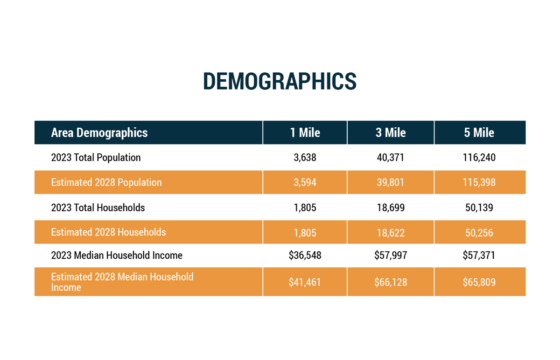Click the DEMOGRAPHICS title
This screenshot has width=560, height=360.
coord(280,81)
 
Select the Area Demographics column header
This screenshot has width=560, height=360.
coord(99,133)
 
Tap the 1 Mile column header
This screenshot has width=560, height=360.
coord(305,133)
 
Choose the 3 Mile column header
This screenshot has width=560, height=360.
coord(391,133)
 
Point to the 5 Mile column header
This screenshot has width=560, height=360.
coord(479,133)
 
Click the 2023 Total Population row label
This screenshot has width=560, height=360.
coord(96,158)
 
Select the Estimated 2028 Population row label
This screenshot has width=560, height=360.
coord(106,182)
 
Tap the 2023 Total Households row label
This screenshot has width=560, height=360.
coord(98,208)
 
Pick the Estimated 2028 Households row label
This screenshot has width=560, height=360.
coord(108,232)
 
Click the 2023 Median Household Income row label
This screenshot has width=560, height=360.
coord(117,256)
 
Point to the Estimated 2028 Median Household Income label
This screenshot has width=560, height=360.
coord(122,282)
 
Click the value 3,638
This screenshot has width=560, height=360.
coord(305,158)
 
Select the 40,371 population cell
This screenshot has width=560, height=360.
coord(391,158)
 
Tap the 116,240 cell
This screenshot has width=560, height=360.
coord(479,158)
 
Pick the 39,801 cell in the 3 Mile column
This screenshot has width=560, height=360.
coord(391,182)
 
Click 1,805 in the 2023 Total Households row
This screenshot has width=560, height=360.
coord(305,208)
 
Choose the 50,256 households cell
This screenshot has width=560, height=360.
coord(479,233)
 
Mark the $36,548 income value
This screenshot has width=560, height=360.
coord(305,256)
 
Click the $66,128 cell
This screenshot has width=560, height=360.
coord(391,282)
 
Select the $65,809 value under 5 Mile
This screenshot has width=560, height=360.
coord(479,282)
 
